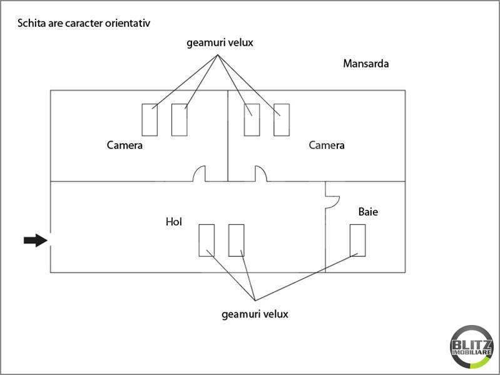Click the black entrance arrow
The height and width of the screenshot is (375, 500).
[x=35, y=240]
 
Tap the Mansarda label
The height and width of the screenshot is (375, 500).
[x=366, y=64]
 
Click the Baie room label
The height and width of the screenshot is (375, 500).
[x=368, y=212]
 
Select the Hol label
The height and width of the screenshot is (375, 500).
[x=173, y=222]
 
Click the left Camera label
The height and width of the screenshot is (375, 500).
[x=125, y=146]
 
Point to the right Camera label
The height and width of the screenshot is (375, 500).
[x=327, y=146]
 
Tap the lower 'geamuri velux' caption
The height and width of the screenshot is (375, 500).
[x=255, y=314]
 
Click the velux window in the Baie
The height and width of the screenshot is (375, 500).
[x=358, y=240]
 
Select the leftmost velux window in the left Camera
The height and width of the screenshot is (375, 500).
[x=150, y=120]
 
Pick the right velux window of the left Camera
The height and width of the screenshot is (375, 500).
[x=180, y=120]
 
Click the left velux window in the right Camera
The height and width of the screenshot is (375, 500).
[x=252, y=120]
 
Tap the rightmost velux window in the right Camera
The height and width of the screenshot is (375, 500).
[x=282, y=120]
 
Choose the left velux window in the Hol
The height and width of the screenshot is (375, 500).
[x=207, y=240]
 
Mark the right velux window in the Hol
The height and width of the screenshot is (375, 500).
[x=236, y=240]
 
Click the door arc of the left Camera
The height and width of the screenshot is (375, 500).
[x=201, y=173]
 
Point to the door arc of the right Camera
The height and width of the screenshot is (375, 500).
[x=261, y=173]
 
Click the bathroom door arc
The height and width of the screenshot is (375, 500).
[x=332, y=197]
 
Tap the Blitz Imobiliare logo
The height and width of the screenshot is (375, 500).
[x=471, y=346]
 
